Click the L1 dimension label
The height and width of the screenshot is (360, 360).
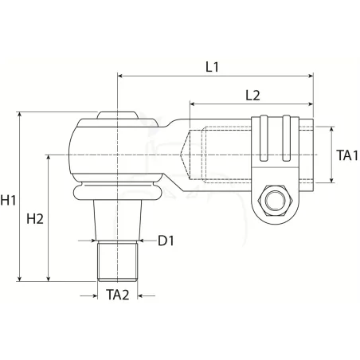click(212, 67)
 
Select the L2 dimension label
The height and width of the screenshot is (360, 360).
click(252, 96)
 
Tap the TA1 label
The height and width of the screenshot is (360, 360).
click(347, 155)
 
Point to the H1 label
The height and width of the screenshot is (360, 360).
click(8, 200)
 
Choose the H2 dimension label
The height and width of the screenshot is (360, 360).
click(35, 219)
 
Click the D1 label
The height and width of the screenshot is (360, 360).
click(166, 241)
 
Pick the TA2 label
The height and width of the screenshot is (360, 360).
click(118, 295)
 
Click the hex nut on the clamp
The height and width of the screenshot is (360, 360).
click(276, 201)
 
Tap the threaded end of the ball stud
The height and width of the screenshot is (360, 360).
click(117, 261)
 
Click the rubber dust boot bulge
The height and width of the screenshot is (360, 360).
click(117, 192)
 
